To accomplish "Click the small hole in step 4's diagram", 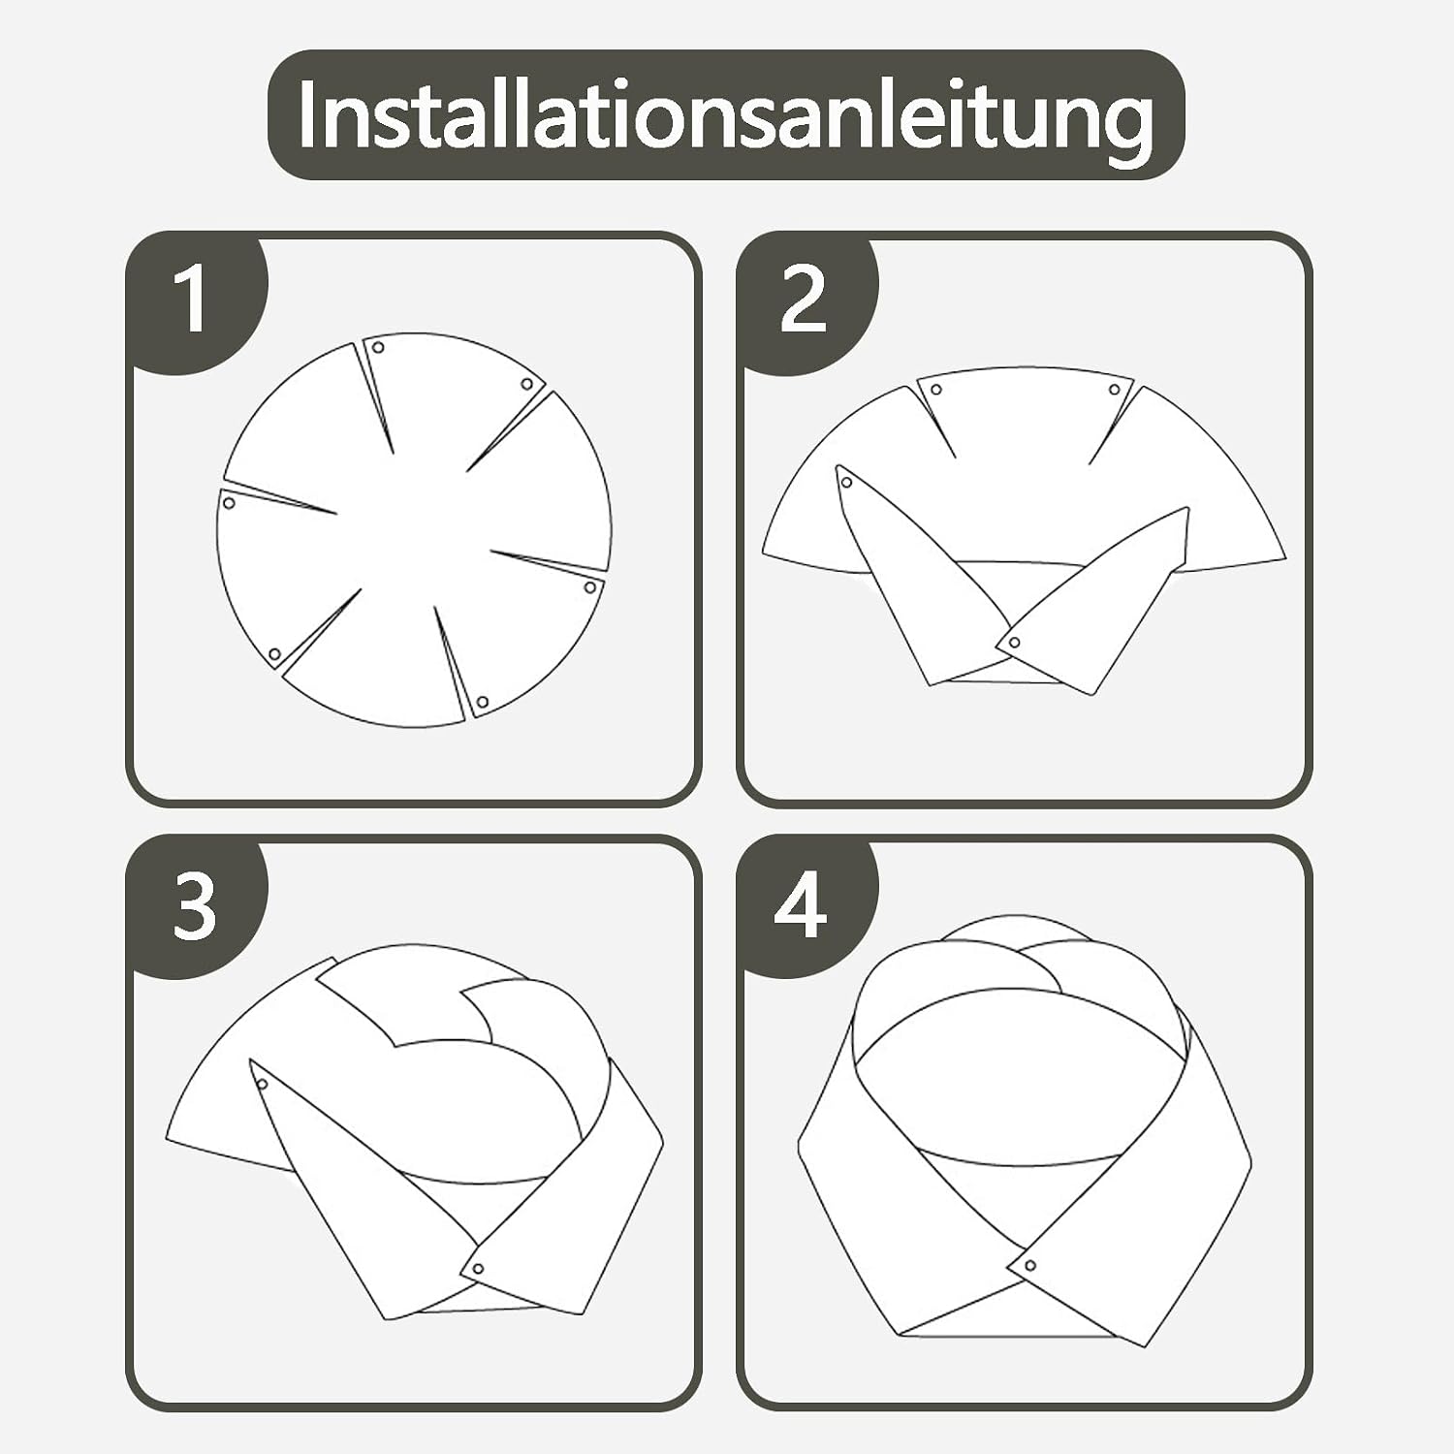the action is click(x=1028, y=1265).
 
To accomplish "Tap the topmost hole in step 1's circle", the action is click(x=379, y=347).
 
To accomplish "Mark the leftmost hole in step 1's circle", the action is click(x=229, y=503).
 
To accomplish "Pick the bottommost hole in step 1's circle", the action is click(x=482, y=702).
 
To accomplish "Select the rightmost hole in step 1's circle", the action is click(x=590, y=586).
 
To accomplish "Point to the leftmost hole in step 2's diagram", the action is click(x=847, y=482).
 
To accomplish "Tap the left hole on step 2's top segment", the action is click(x=936, y=390).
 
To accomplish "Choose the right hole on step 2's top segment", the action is click(x=1115, y=390).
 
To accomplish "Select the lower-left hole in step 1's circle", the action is click(x=274, y=654).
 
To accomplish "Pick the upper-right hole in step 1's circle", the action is click(x=527, y=384).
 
